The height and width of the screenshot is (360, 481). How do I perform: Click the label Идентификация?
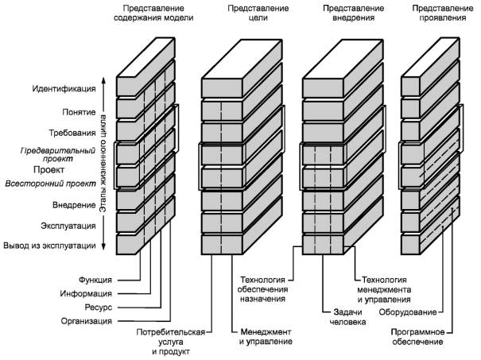tap(64, 89)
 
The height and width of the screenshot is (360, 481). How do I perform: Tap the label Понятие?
tap(79, 112)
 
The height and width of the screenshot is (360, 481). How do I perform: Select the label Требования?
tap(72, 133)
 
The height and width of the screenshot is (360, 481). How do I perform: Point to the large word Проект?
tap(49, 169)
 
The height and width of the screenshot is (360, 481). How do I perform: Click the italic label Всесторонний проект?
tap(51, 184)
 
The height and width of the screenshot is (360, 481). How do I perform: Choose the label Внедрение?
tap(74, 205)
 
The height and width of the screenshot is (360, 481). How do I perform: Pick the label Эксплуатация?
tap(68, 226)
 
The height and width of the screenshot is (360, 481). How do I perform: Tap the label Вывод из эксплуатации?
tap(49, 246)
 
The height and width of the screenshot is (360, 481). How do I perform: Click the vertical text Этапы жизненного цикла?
tap(103, 164)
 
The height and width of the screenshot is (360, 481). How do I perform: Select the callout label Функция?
tap(95, 280)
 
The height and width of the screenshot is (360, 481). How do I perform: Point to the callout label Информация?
tap(86, 294)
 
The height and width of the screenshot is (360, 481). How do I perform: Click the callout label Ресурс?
tap(98, 308)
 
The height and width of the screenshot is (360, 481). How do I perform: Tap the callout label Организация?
tap(86, 321)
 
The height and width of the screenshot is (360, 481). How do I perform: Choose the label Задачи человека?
tap(347, 317)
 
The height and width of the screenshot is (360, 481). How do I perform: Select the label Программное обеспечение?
tap(418, 337)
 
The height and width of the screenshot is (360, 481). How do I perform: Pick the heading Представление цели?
tap(258, 13)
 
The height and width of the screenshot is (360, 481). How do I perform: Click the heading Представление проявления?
tap(443, 13)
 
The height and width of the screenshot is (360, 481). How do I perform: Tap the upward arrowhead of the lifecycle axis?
tap(103, 80)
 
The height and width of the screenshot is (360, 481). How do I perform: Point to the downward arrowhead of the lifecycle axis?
tap(103, 247)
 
